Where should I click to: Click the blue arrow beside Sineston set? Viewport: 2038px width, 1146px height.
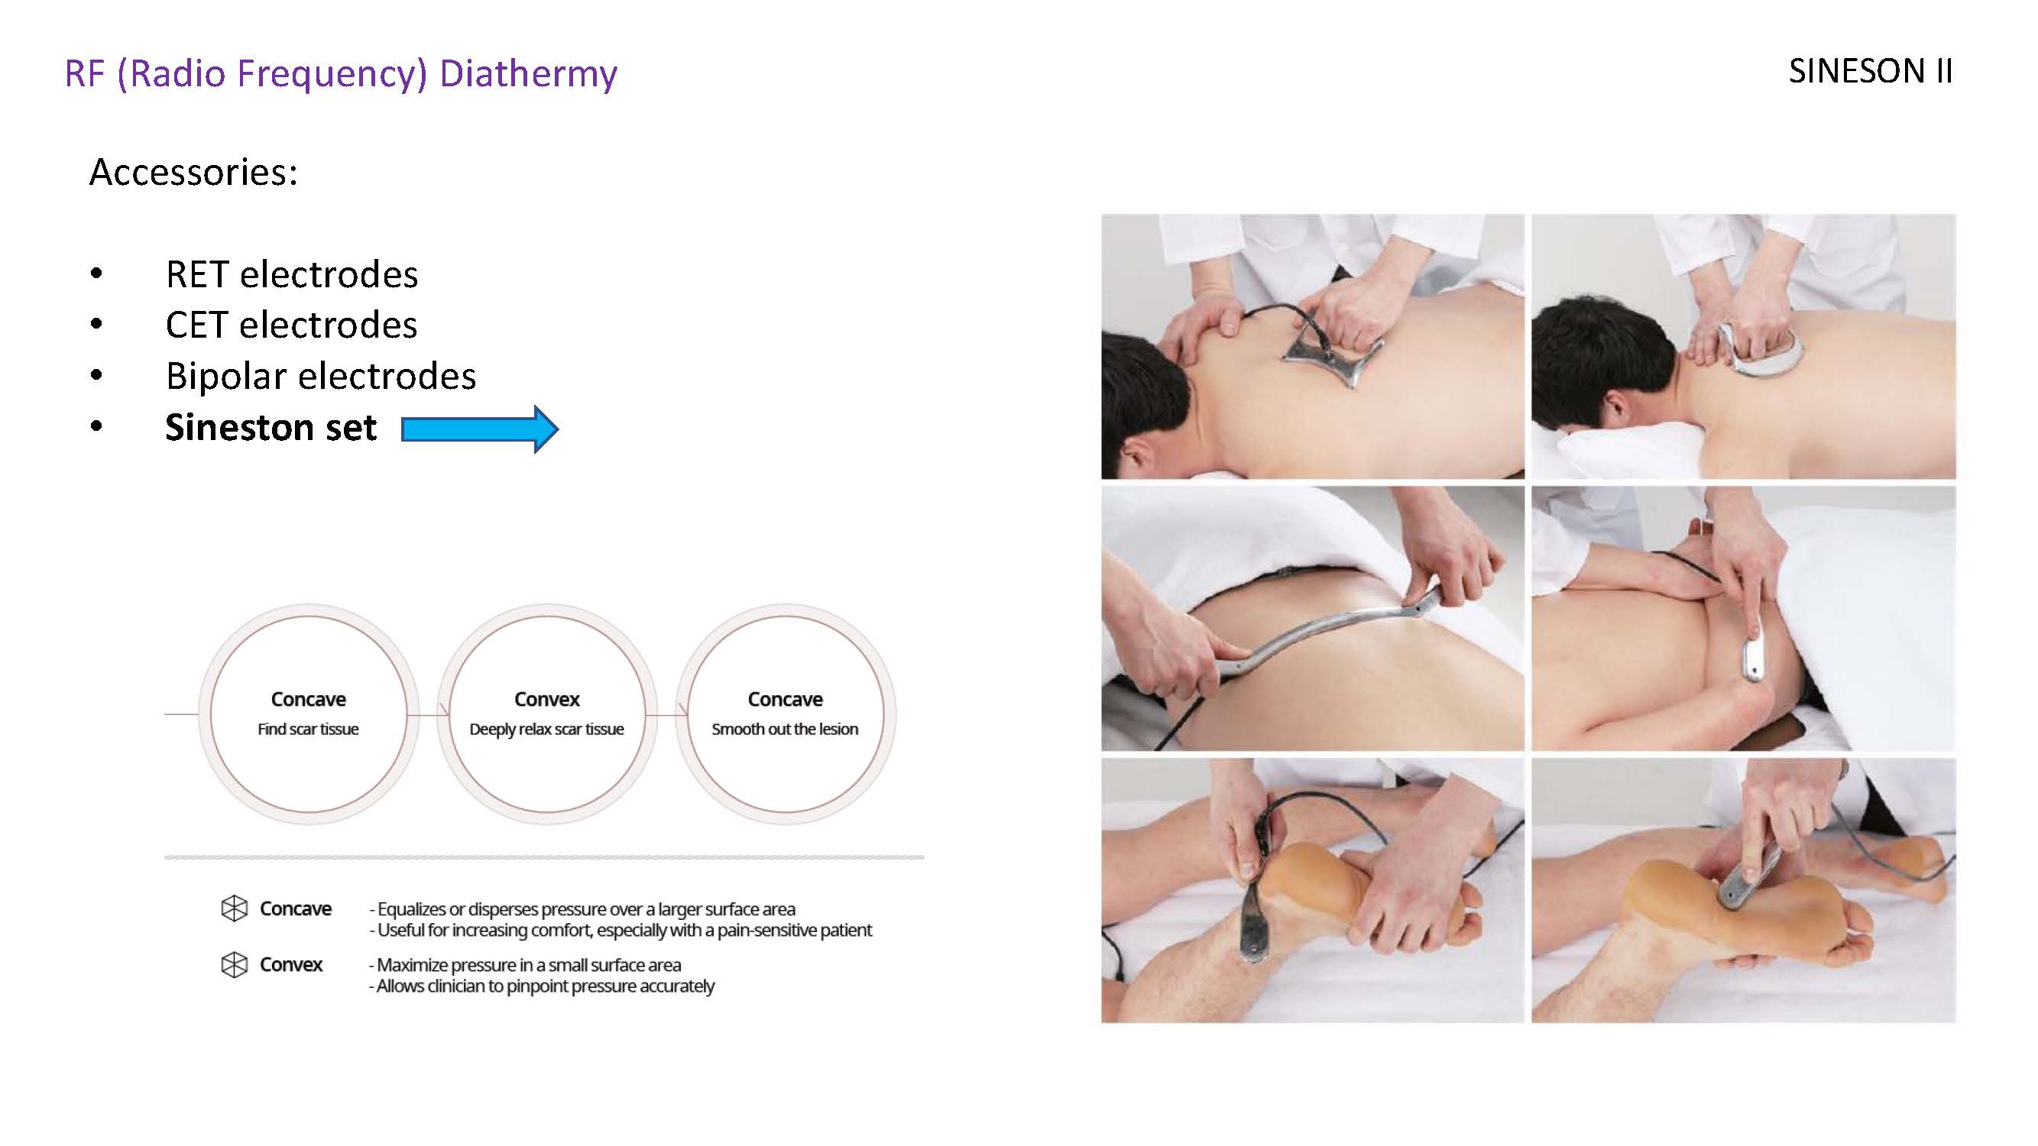pos(479,429)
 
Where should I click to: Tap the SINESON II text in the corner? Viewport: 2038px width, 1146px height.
pos(1871,71)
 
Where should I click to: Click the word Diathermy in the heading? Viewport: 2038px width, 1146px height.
pos(528,73)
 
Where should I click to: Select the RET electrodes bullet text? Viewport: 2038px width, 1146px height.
pos(291,274)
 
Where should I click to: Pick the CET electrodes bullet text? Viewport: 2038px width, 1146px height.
pos(291,325)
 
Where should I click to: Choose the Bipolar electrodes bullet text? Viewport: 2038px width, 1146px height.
pos(320,376)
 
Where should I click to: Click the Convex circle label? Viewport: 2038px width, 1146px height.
pos(546,699)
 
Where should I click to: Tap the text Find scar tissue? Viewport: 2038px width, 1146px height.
pos(308,728)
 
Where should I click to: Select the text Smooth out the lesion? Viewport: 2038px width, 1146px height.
pos(785,728)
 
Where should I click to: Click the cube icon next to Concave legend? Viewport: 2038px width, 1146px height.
pos(234,908)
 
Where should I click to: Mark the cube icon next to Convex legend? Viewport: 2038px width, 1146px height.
pos(234,964)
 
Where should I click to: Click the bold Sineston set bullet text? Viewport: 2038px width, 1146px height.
pos(271,428)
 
